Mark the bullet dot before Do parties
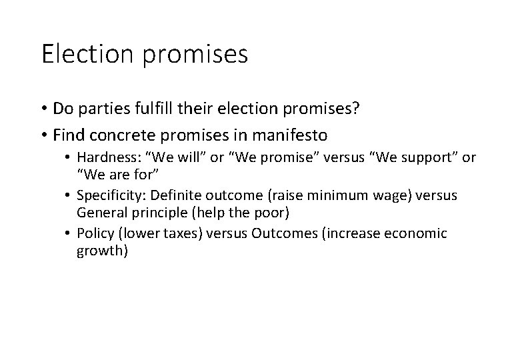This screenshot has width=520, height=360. coord(43,109)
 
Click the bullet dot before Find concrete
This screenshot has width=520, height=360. coord(43,136)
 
